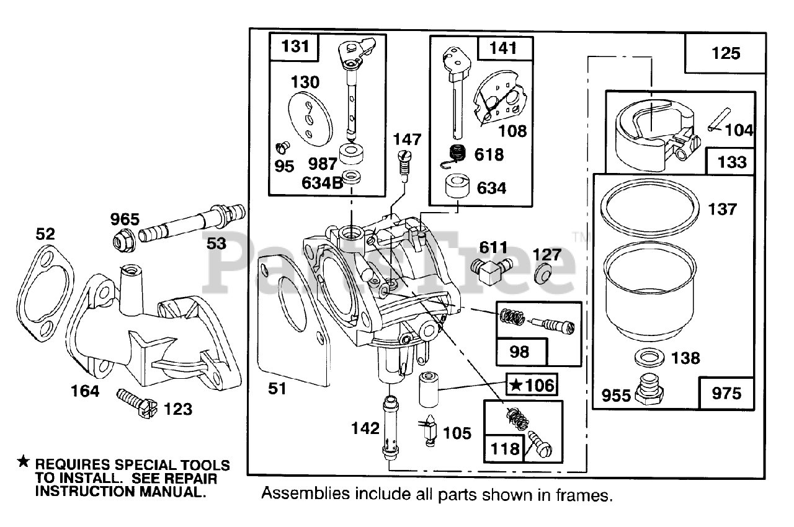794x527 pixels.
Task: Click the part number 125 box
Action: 725,53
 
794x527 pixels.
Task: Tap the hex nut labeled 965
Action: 123,241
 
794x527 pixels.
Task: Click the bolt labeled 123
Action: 137,404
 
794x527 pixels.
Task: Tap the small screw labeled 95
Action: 283,148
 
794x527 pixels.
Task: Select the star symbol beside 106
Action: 515,384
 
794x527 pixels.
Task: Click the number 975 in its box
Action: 726,394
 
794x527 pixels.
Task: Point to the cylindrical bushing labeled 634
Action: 458,186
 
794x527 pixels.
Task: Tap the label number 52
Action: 45,234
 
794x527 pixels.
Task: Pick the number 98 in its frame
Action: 519,352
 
